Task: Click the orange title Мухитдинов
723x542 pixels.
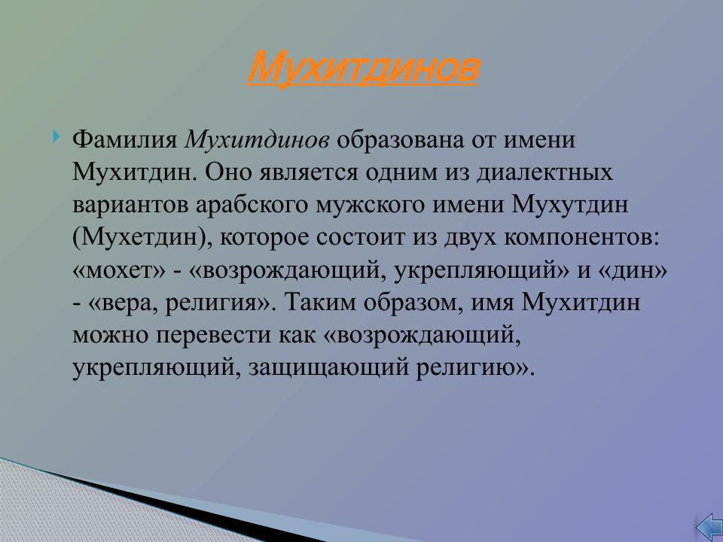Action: pos(362,69)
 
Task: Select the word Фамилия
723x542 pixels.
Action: pos(125,140)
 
